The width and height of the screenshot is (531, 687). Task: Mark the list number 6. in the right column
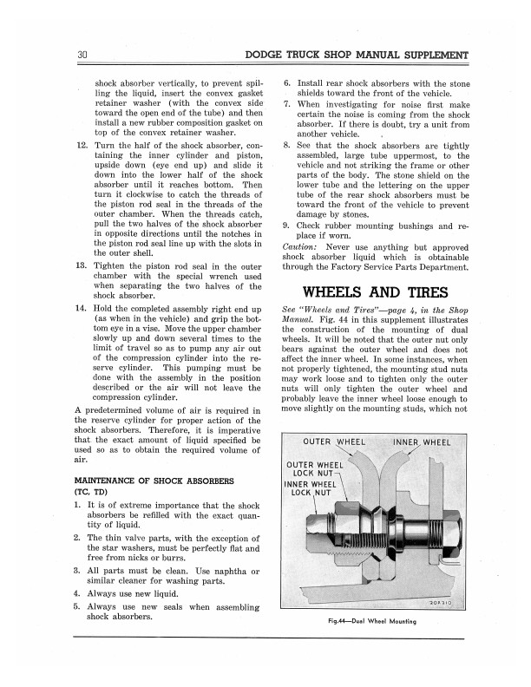(x=287, y=80)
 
